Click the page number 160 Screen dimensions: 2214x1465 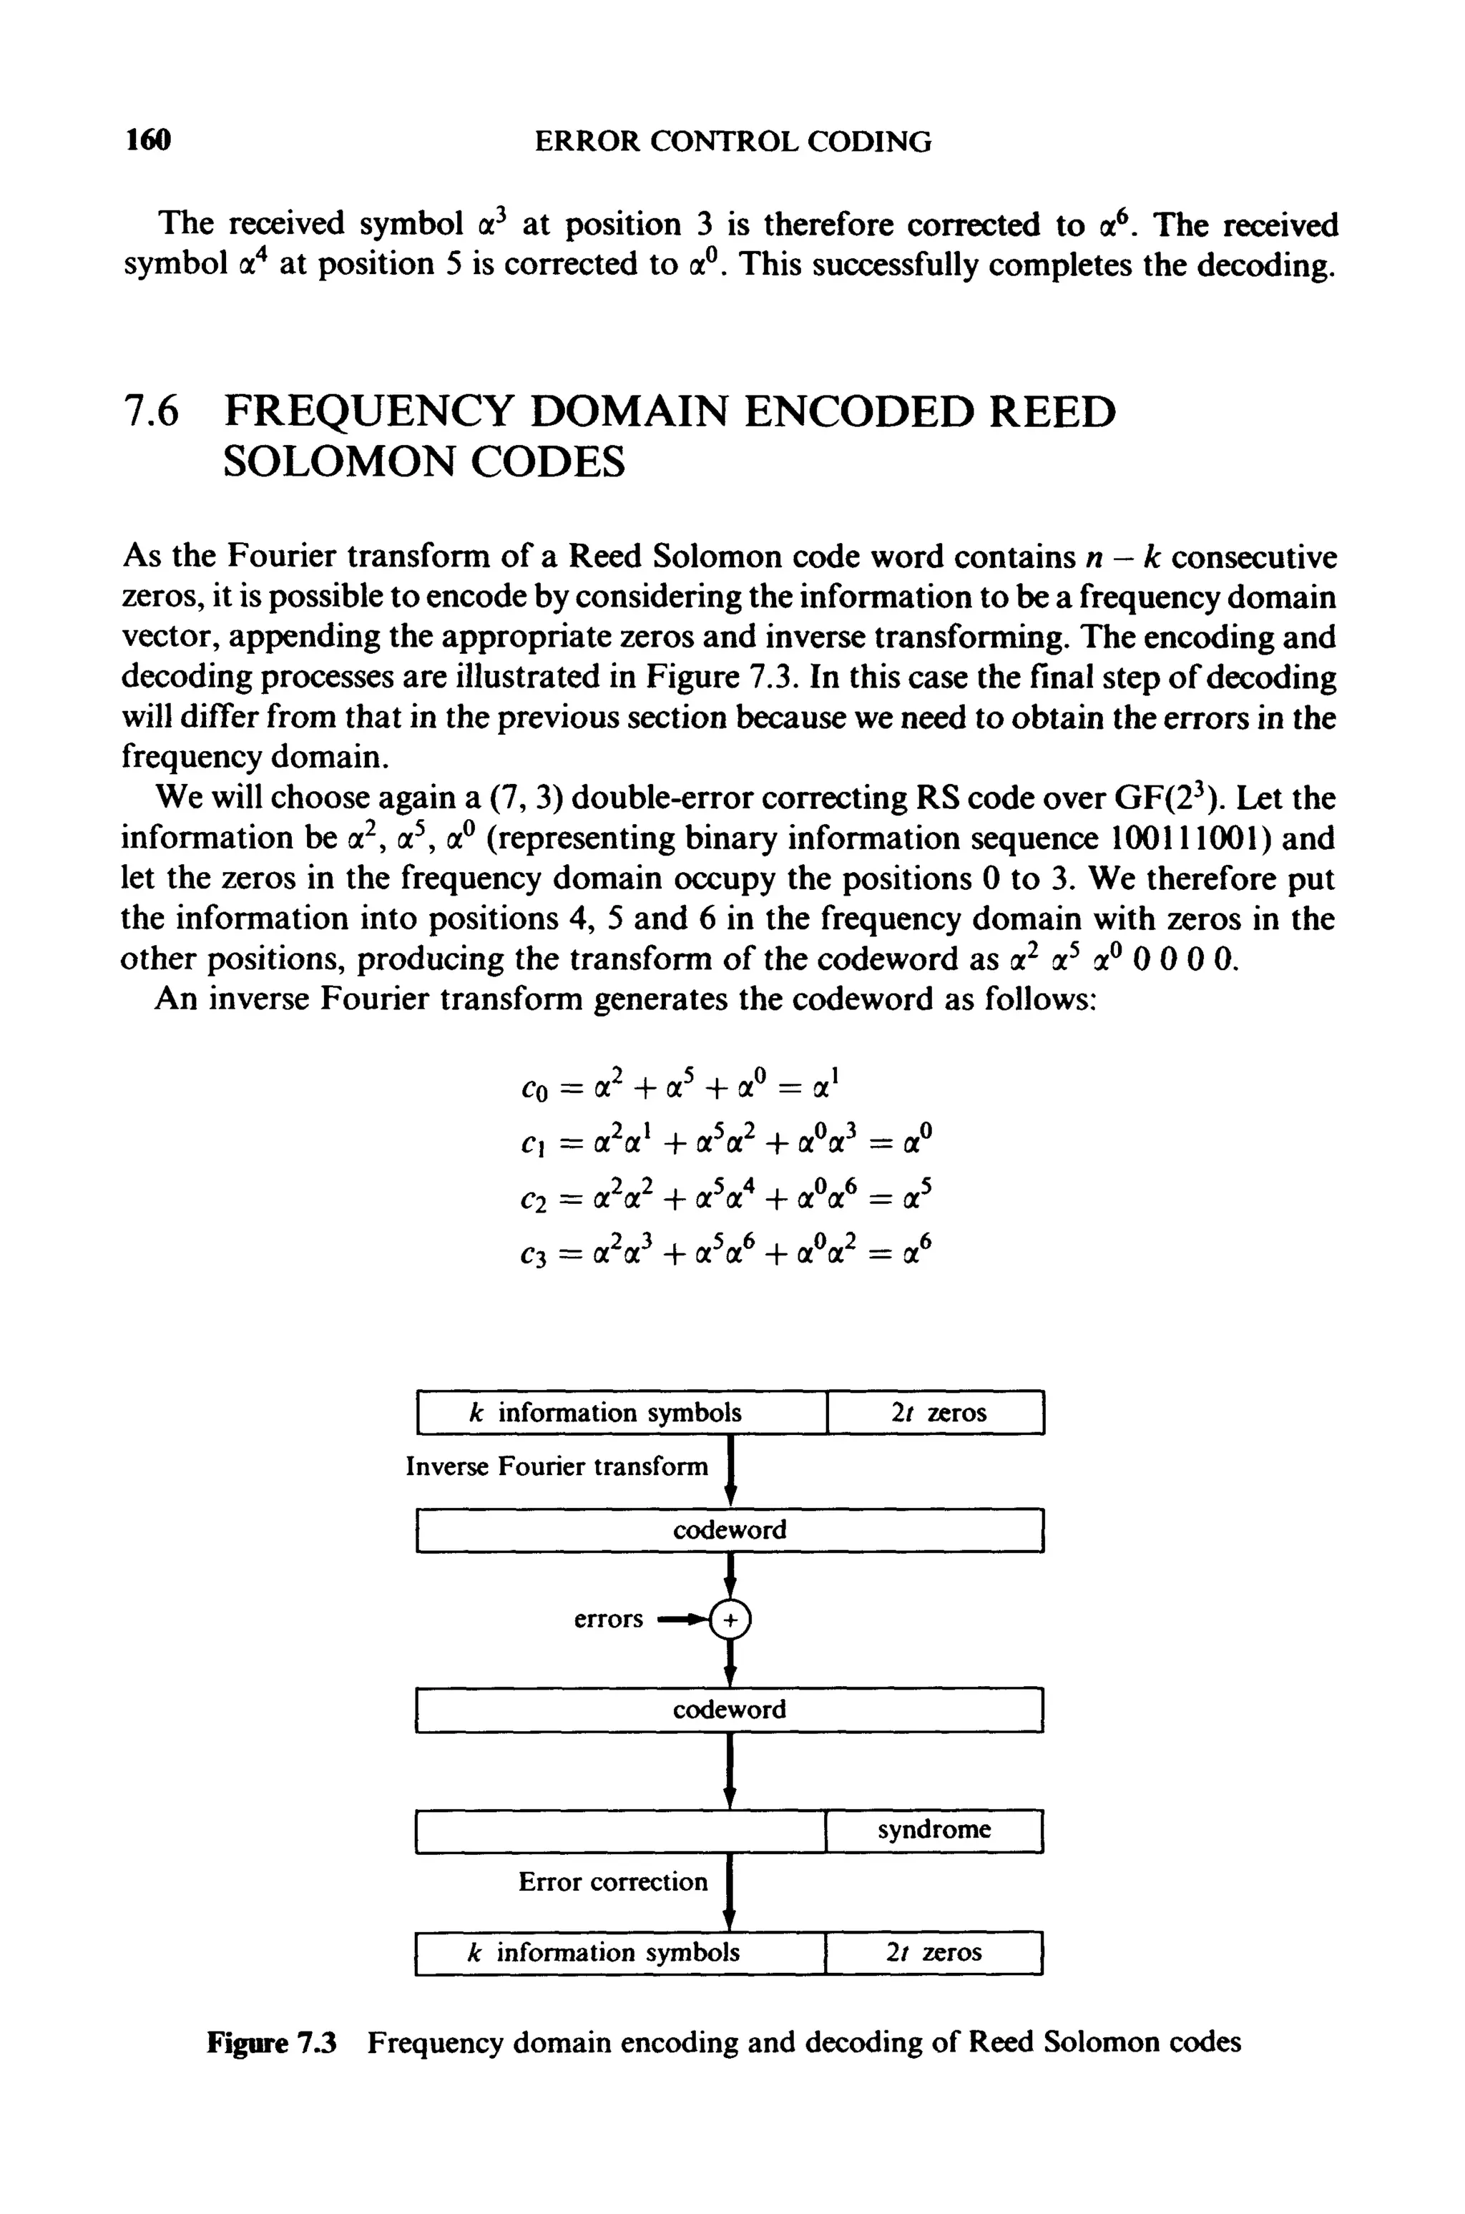tap(149, 141)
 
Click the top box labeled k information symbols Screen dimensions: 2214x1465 tap(622, 1413)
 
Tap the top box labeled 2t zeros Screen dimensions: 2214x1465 tap(934, 1413)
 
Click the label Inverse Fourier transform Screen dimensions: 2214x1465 tap(557, 1466)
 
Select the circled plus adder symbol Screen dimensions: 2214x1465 tap(730, 1619)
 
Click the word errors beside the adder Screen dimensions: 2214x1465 tap(608, 1619)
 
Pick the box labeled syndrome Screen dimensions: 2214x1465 tap(934, 1829)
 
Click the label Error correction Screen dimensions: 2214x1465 tap(613, 1881)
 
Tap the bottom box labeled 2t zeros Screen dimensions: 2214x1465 tap(934, 1952)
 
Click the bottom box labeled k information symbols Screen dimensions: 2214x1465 tap(620, 1952)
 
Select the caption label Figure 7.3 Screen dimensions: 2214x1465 tap(271, 2043)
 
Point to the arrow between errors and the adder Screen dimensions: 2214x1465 tap(682, 1619)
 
